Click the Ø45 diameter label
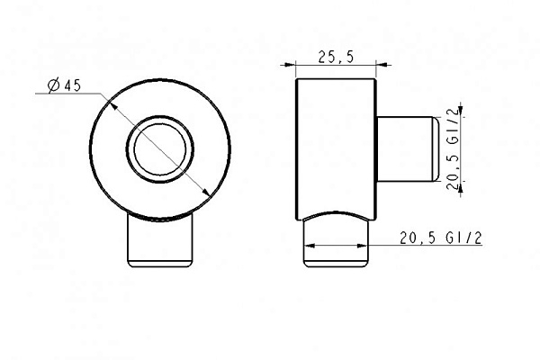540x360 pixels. tap(65, 85)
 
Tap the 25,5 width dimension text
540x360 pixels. tap(336, 57)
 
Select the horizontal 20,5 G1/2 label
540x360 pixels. tap(441, 238)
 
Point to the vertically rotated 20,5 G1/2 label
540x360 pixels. tap(454, 148)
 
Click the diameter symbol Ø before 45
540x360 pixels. tap(54, 85)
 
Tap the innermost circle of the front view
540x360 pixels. tap(160, 148)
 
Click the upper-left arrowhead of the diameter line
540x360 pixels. tap(113, 106)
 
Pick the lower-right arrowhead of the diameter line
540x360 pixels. tap(205, 192)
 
